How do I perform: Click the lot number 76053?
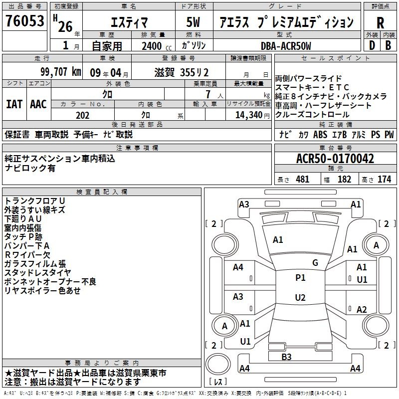(x=24, y=20)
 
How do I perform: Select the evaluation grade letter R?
(x=380, y=22)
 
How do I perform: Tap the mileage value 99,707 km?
(x=60, y=72)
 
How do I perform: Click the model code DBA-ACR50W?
(x=286, y=46)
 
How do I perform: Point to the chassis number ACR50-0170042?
(x=335, y=159)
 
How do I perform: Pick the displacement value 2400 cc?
(x=157, y=46)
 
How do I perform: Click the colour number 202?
(x=82, y=115)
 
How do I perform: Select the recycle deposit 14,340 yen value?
(x=252, y=115)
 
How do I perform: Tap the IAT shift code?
(x=14, y=104)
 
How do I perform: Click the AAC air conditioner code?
(x=38, y=104)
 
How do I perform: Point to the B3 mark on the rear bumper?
(x=286, y=357)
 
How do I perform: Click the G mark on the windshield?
(x=315, y=263)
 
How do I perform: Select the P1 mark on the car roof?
(x=300, y=278)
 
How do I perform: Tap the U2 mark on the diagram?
(x=300, y=297)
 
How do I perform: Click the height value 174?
(x=384, y=180)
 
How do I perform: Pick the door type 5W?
(x=193, y=22)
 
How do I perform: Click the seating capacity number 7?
(x=208, y=94)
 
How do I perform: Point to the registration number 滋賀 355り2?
(x=182, y=73)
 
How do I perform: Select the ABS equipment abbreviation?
(x=320, y=134)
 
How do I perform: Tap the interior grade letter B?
(x=388, y=45)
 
